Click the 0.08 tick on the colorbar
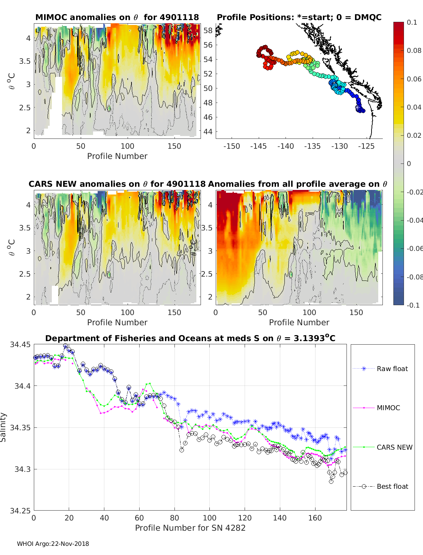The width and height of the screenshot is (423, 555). (414, 50)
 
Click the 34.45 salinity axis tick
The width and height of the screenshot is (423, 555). (20, 345)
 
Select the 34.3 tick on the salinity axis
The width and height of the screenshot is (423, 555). (23, 469)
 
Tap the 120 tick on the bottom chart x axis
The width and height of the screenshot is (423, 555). (245, 518)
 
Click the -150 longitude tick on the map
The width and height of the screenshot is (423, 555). (232, 146)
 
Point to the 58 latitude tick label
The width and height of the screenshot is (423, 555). (208, 31)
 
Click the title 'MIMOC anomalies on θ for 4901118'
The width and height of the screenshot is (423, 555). (117, 17)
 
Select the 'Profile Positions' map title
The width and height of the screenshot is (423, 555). (299, 17)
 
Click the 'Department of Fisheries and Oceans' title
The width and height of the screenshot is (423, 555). (190, 338)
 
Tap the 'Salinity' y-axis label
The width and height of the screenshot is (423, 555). (4, 427)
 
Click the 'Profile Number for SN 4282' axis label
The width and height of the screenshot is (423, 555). (190, 528)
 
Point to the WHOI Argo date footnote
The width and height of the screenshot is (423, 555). (53, 544)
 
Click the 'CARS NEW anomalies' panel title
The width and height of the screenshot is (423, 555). (117, 184)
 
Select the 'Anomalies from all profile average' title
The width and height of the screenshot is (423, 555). (298, 184)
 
